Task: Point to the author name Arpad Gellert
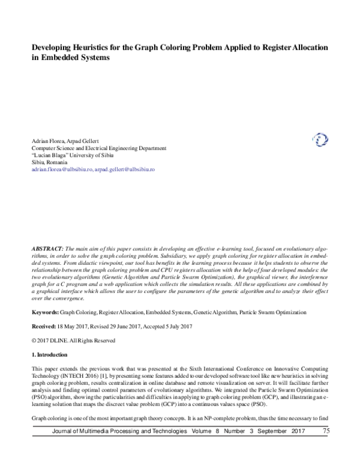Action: coord(86,140)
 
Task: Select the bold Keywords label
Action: coord(45,296)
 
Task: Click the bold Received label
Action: coord(45,310)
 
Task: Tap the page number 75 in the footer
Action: coord(326,447)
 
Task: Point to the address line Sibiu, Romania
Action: coord(49,162)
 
